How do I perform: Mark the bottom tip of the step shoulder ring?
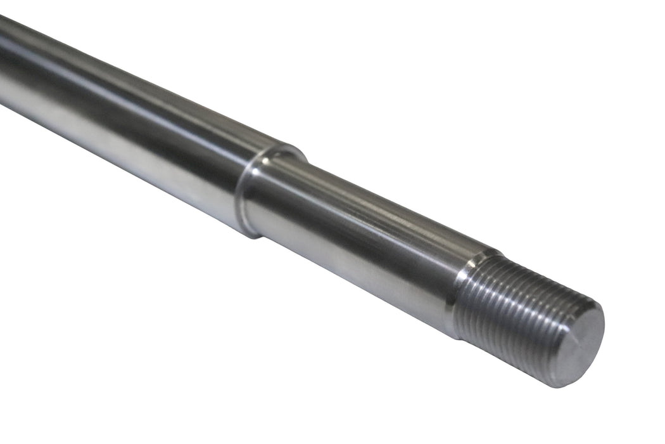(256, 236)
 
